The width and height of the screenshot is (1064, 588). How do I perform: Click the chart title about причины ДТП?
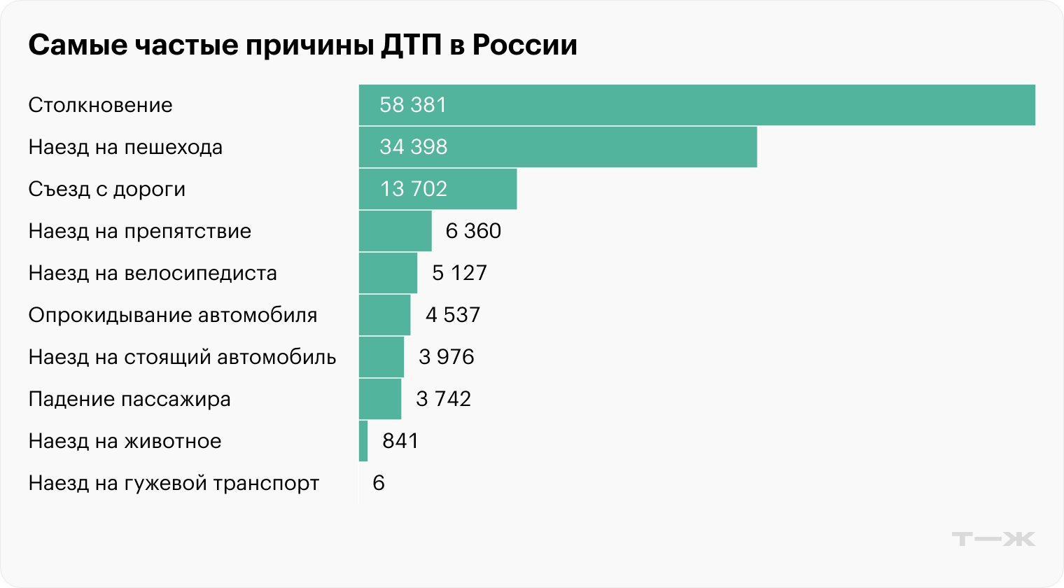302,45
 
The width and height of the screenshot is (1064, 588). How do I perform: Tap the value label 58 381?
413,105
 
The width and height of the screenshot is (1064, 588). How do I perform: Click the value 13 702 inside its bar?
413,189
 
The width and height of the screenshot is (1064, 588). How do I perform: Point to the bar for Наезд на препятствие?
395,231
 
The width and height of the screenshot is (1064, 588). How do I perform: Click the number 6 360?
473,231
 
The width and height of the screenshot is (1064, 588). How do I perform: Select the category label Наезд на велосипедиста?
153,273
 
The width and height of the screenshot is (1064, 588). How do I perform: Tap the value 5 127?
459,273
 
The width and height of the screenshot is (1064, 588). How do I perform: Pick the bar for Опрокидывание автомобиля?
384,315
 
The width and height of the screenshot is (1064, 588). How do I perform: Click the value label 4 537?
453,315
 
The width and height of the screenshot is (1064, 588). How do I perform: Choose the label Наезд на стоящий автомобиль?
182,357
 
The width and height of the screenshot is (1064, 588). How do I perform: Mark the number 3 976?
447,357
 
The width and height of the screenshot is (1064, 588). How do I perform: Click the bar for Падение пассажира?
380,399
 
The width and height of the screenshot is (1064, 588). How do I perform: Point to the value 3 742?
443,399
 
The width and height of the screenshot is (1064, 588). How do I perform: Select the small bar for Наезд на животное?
363,441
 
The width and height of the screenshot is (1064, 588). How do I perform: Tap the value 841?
400,441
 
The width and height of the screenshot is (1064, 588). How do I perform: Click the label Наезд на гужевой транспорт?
174,483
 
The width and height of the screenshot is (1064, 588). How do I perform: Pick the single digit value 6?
379,483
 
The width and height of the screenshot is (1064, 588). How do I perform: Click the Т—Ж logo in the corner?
993,539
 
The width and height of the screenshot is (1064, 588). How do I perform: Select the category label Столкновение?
100,105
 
